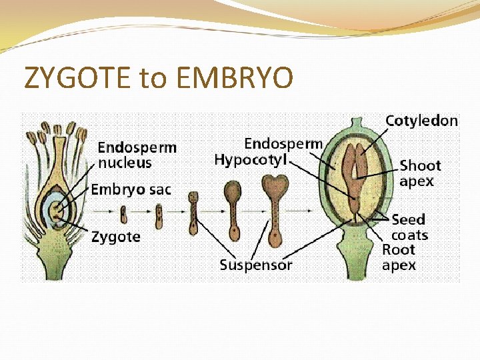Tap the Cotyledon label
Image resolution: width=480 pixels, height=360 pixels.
(x=421, y=121)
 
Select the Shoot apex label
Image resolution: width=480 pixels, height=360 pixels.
(x=420, y=173)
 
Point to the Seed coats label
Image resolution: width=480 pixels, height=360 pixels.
(x=409, y=227)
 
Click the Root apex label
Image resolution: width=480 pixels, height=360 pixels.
(x=399, y=257)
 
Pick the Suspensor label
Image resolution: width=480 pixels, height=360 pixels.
(x=256, y=265)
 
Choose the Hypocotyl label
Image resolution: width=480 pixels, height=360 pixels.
(x=251, y=159)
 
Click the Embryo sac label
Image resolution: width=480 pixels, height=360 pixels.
(x=131, y=189)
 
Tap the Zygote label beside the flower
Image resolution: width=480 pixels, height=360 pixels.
(x=115, y=236)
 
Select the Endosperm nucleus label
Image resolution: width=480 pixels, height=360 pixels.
(x=137, y=155)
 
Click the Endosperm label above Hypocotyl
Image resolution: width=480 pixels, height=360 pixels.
(x=283, y=143)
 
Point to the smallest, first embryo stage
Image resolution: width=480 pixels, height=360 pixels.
(x=124, y=214)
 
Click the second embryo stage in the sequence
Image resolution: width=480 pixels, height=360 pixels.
(x=159, y=215)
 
